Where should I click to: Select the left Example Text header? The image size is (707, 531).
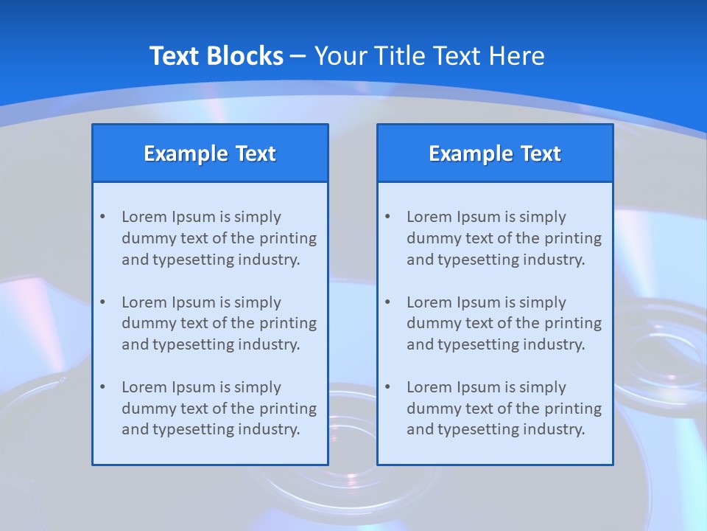point(210,153)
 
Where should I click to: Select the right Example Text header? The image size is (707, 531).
point(495,153)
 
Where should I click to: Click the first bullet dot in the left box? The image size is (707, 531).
point(102,217)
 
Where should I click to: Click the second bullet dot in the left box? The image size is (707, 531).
point(102,302)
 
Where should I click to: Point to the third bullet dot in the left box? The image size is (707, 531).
point(102,387)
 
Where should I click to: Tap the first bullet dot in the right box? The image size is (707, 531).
point(387,217)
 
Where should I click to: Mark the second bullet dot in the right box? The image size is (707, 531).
point(387,302)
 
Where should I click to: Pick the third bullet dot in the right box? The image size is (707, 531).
point(387,387)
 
